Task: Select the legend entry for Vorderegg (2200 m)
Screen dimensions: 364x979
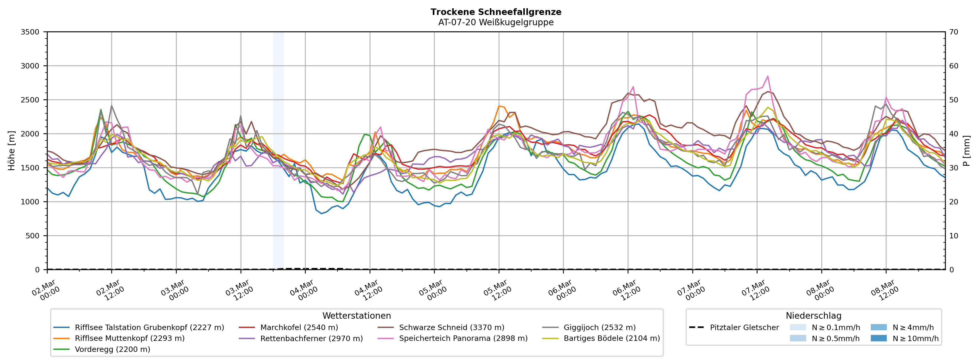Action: pyautogui.click(x=112, y=349)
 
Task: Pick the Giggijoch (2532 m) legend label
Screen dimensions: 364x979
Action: pyautogui.click(x=599, y=327)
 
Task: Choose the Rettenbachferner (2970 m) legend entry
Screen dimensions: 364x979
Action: pyautogui.click(x=311, y=338)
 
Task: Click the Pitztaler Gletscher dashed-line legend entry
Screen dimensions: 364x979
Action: pyautogui.click(x=744, y=327)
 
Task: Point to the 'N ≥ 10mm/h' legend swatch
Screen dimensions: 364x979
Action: pyautogui.click(x=878, y=338)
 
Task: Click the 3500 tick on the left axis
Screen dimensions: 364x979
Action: pyautogui.click(x=30, y=32)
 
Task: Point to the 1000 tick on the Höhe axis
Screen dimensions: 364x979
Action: pyautogui.click(x=30, y=202)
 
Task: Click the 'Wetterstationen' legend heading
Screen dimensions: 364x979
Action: pyautogui.click(x=356, y=316)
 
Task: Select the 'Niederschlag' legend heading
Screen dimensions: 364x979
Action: pyautogui.click(x=813, y=316)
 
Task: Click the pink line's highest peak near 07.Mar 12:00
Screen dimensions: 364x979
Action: pyautogui.click(x=768, y=76)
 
